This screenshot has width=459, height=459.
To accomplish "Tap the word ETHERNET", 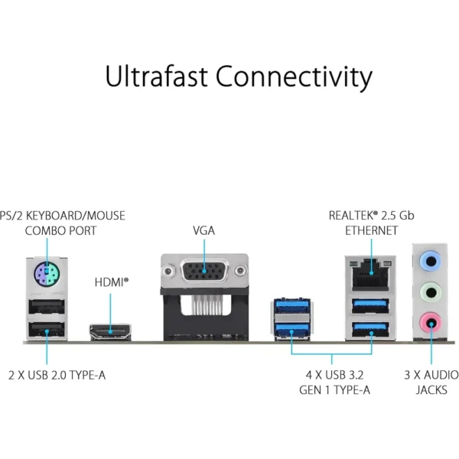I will point(371,230).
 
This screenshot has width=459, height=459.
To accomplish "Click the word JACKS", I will point(431,389).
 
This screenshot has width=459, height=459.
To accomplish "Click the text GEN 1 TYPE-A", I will point(334,389).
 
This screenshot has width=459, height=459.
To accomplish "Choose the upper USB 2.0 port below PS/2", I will point(45,308).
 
